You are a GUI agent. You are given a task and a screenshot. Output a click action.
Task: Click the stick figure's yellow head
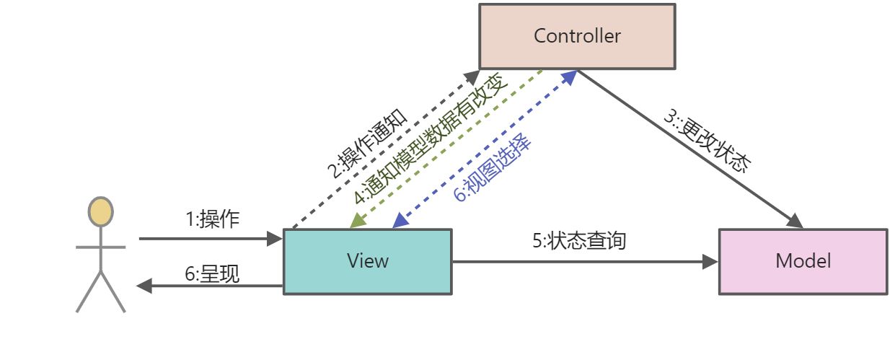100,211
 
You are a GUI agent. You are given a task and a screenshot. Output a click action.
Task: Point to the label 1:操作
213,219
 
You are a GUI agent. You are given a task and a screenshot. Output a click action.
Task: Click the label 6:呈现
212,274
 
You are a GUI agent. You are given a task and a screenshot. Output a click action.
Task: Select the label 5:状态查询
579,240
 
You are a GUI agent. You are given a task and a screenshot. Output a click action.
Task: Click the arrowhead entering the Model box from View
711,262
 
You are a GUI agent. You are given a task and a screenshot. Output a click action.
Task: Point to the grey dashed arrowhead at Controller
472,74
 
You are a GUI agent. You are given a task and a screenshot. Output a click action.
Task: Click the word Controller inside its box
577,36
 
